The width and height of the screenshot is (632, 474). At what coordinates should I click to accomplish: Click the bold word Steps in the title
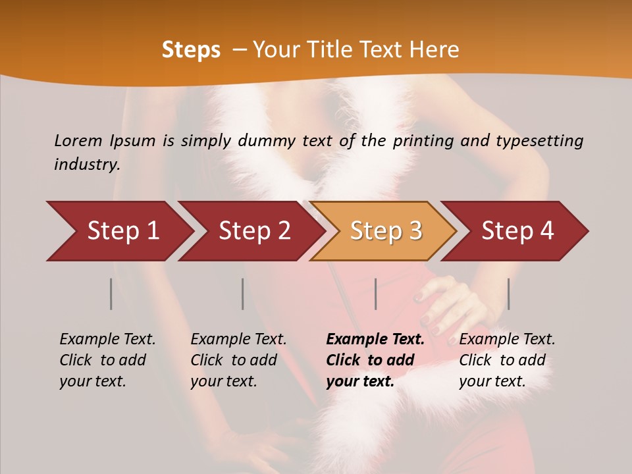191,50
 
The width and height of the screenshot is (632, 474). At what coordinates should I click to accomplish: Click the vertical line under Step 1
111,294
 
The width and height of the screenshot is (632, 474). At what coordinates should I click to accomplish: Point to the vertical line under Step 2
243,294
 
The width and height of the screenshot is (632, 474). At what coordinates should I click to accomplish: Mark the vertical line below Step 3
375,294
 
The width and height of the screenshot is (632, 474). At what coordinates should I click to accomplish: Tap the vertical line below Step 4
508,294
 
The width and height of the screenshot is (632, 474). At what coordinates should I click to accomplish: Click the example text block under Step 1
107,360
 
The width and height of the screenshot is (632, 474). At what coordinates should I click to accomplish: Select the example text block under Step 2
238,360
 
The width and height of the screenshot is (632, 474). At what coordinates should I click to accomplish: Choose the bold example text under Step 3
375,360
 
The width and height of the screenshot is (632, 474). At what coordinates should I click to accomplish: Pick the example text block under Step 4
507,360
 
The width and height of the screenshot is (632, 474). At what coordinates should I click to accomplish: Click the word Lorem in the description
78,140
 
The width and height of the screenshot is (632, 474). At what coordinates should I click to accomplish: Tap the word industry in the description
87,165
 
